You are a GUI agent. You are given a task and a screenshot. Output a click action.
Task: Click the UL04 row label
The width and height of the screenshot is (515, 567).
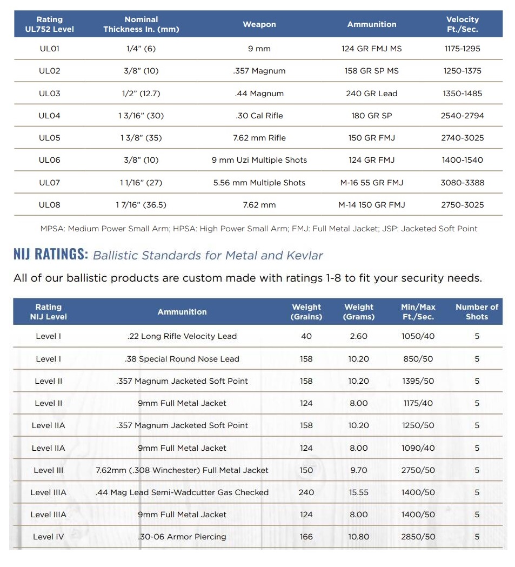point(49,116)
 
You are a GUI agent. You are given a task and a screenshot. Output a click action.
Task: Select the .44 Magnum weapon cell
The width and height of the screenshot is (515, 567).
point(259,94)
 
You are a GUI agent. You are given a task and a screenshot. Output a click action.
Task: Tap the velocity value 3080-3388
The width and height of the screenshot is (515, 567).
point(462,183)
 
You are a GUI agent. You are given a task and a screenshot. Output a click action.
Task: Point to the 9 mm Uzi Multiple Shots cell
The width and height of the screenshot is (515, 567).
point(259,160)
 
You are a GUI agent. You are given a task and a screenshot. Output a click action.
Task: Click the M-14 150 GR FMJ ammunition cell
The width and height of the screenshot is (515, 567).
point(372,205)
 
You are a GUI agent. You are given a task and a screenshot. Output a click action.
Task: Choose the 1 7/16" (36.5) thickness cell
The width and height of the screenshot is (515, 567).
point(141,205)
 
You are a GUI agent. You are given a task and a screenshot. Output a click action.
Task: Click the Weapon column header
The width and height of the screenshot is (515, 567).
point(259,24)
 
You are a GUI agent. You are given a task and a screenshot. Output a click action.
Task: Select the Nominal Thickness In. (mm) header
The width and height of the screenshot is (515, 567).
point(141,24)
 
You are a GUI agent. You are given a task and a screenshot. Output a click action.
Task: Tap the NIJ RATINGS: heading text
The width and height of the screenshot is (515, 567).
point(51,254)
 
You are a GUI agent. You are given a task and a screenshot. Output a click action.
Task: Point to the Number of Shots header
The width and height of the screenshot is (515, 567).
point(477,312)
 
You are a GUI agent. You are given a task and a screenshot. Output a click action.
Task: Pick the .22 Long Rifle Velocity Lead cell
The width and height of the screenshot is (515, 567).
point(182,336)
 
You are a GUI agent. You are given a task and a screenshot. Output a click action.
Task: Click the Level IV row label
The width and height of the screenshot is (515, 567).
point(48,537)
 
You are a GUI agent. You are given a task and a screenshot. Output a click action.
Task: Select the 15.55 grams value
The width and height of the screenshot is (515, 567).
point(358,492)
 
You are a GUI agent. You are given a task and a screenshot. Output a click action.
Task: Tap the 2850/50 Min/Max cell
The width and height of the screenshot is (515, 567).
point(418,537)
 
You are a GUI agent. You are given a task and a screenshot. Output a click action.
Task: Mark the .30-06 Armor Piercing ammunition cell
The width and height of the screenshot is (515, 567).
point(182,537)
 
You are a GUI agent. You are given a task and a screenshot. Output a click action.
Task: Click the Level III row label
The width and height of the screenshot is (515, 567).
point(48,470)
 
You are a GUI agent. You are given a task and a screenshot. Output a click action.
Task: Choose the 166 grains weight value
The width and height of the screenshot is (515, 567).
point(306,537)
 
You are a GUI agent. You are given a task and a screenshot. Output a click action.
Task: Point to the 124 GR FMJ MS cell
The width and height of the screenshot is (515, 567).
point(372,49)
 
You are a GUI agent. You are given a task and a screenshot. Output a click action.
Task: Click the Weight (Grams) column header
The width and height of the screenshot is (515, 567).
point(359,312)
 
